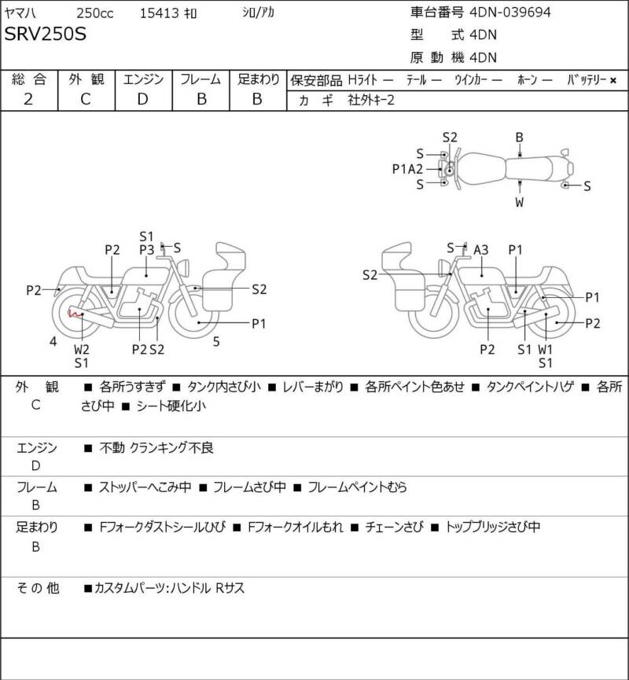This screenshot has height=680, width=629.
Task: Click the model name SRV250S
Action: click(46, 35)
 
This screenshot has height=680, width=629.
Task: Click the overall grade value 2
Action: click(28, 99)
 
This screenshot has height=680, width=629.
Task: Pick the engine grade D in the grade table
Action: click(142, 99)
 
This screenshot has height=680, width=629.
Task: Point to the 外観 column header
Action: click(85, 79)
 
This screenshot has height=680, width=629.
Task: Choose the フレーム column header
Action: click(200, 79)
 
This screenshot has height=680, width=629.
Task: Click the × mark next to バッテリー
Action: click(613, 80)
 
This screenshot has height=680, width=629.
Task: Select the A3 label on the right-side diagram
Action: click(480, 250)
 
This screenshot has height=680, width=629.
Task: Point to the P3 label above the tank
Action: click(146, 249)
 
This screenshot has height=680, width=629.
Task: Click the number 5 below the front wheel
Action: click(217, 341)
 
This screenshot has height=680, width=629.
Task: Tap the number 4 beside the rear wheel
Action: click(53, 341)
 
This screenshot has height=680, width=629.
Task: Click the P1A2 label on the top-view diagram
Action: click(408, 168)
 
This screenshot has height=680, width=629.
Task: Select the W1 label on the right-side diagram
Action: click(545, 349)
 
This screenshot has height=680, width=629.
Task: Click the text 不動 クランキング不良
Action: click(156, 448)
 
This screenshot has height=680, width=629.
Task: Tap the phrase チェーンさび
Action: click(395, 527)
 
